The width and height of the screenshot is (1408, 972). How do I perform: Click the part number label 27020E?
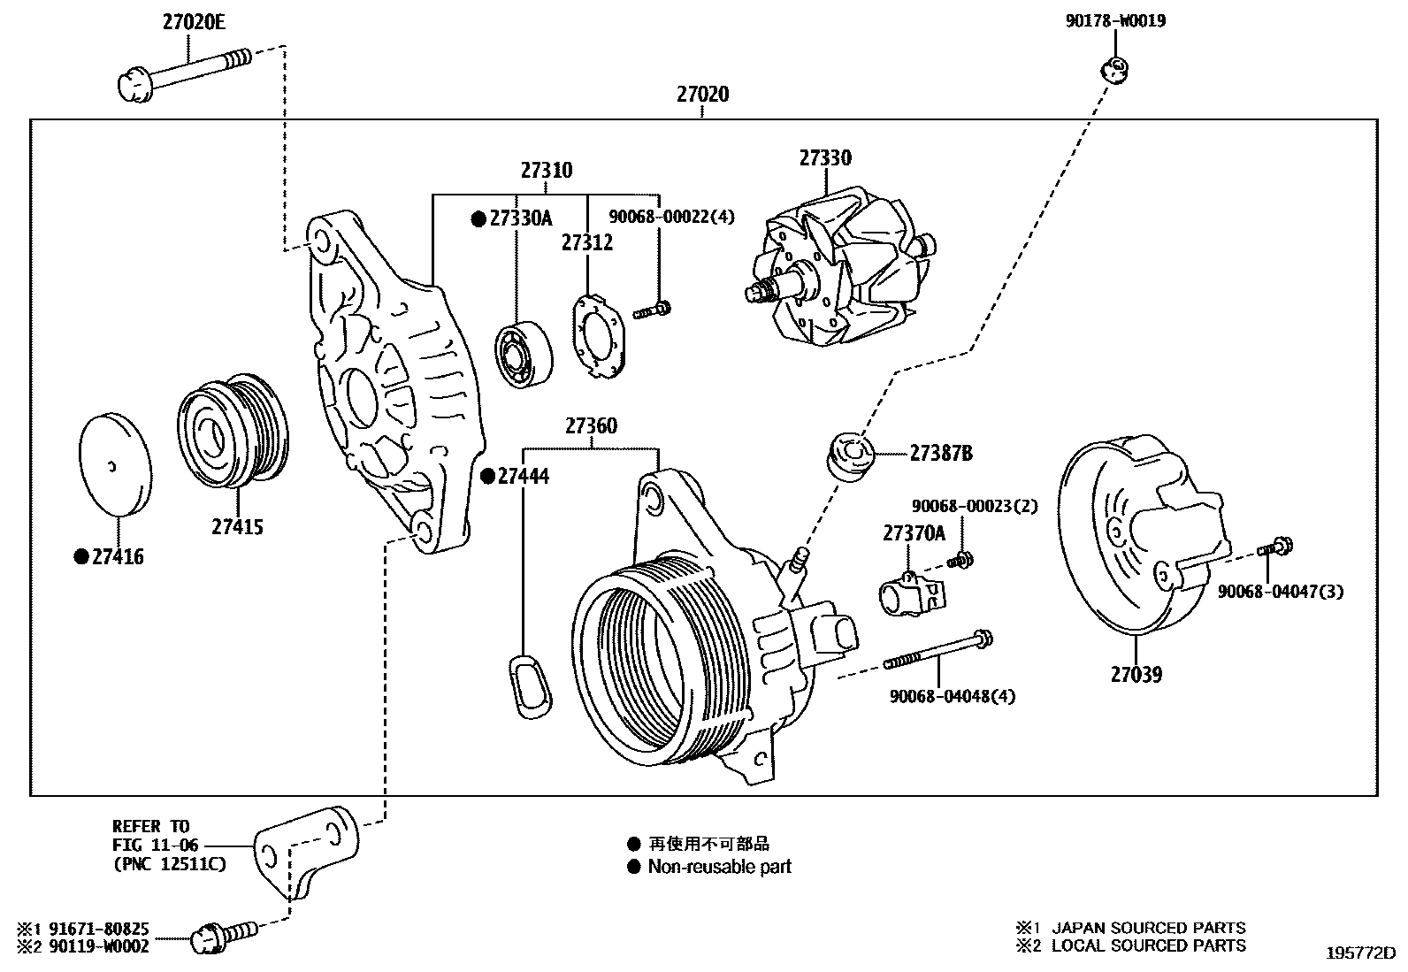193,22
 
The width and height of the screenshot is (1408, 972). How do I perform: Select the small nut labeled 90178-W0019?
1115,67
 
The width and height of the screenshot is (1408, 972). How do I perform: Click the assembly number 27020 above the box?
702,94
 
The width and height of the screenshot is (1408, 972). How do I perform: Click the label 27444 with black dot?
522,477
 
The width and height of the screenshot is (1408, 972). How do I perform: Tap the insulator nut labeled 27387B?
851,455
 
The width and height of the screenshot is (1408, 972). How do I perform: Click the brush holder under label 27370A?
910,593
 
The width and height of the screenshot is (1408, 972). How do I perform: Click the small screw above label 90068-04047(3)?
1277,547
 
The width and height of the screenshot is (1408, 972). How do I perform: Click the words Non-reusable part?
719,867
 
